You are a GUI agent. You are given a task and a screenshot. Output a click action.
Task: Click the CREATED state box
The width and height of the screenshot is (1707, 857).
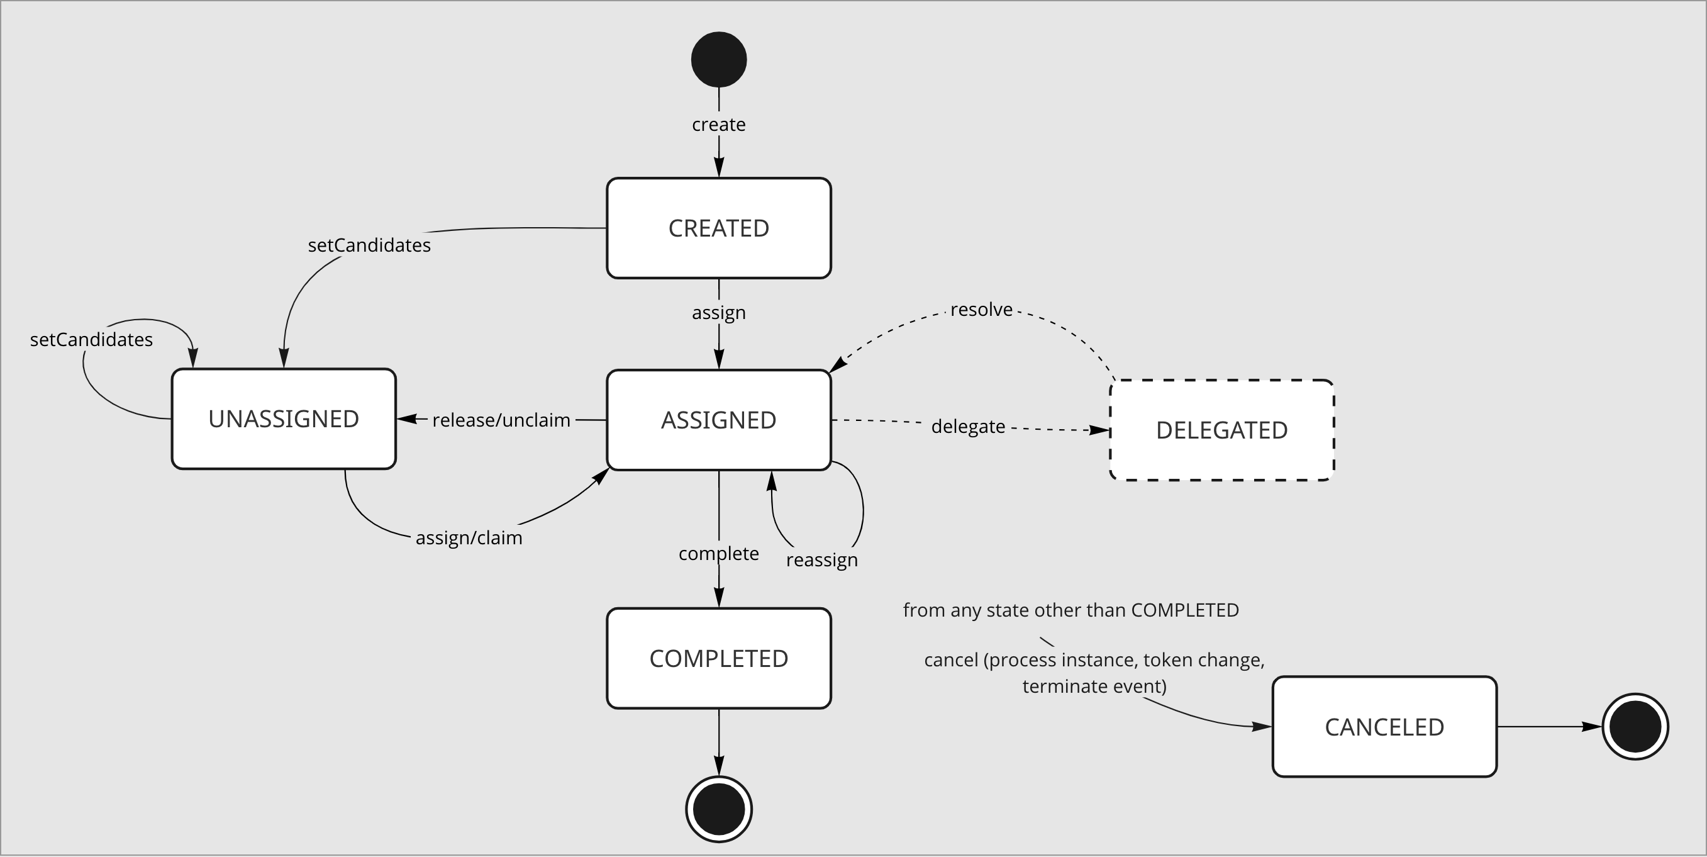[x=718, y=228]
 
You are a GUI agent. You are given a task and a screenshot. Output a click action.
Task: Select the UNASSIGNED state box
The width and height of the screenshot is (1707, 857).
[x=284, y=419]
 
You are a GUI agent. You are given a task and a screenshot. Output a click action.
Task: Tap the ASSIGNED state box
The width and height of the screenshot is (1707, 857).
[x=718, y=420]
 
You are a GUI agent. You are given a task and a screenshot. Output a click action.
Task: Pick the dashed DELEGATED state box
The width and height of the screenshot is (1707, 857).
[x=1221, y=430]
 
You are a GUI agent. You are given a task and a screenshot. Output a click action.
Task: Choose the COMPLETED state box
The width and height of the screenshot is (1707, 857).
[x=718, y=658]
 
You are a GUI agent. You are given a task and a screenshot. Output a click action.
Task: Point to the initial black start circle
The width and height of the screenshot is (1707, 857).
[x=718, y=60]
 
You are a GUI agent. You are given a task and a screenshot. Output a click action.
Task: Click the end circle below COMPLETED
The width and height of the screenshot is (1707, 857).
[x=718, y=809]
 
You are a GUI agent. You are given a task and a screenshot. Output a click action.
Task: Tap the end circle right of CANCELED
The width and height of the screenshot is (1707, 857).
[x=1635, y=726]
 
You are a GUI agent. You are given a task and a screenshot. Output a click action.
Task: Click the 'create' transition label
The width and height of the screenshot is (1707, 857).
[x=718, y=125]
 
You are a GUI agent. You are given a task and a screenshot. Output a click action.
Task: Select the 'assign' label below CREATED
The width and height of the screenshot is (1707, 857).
[x=718, y=312]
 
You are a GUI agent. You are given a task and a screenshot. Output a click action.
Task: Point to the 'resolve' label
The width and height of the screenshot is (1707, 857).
[x=981, y=310]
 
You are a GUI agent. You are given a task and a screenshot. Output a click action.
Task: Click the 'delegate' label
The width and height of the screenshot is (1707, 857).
[x=967, y=426]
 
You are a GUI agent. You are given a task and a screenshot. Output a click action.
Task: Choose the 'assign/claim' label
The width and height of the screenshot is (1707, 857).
[x=469, y=537]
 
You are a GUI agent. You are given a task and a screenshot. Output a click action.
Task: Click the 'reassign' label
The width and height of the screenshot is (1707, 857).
[x=821, y=560]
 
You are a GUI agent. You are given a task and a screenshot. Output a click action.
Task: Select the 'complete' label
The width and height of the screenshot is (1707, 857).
[x=718, y=554]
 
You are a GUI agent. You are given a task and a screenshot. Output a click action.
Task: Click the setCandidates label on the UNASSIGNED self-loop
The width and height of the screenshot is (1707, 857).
[x=91, y=339]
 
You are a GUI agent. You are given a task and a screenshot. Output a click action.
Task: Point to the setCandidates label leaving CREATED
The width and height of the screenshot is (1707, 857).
[x=369, y=245]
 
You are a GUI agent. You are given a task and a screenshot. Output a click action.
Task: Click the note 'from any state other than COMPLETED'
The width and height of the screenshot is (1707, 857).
[x=1071, y=610]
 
